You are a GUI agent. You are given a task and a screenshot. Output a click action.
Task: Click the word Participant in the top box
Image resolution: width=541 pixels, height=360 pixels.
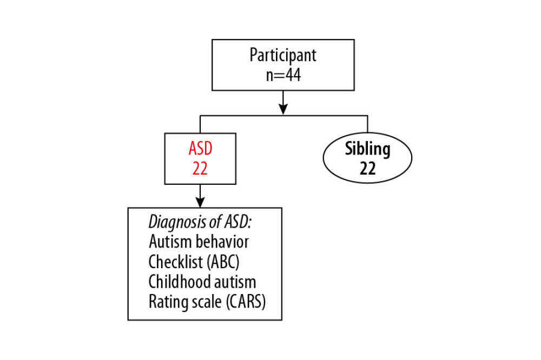[283, 56]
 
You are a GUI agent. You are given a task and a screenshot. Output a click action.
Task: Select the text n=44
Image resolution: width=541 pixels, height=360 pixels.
[283, 75]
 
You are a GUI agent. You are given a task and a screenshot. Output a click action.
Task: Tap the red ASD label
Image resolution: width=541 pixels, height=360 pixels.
[200, 149]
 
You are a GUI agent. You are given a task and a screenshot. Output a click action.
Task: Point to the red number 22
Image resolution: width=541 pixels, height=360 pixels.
[200, 169]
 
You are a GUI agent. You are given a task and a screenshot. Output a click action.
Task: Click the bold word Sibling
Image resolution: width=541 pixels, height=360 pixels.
[367, 149]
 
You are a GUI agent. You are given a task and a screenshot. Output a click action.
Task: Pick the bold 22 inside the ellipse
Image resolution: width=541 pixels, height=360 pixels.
[367, 169]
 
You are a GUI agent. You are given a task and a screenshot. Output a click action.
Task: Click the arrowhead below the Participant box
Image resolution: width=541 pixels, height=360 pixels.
[283, 109]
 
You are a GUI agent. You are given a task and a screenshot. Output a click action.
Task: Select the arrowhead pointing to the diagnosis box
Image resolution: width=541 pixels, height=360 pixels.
[200, 202]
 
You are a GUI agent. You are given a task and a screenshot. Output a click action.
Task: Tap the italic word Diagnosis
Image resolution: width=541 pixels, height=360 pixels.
[173, 222]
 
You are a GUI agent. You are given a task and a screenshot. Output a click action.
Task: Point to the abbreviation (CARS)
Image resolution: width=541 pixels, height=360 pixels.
[246, 302]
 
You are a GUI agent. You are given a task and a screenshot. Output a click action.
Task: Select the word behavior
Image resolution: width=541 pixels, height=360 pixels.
[224, 242]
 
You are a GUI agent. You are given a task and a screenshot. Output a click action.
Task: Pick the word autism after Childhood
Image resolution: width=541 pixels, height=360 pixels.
[236, 282]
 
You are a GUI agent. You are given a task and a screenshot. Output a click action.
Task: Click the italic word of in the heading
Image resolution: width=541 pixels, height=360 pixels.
[208, 222]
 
